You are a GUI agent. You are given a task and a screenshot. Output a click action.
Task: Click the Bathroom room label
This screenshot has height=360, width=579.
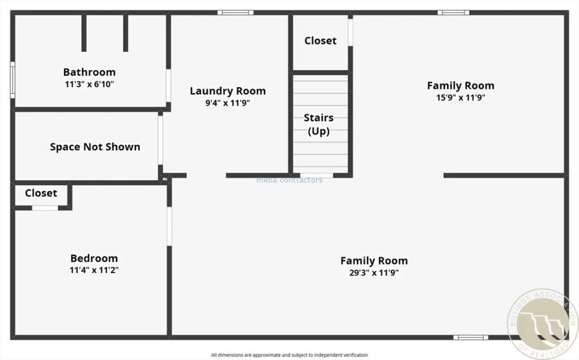coord(89,72)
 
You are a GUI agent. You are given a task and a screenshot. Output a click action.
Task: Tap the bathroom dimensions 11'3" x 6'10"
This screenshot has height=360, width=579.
coord(89,84)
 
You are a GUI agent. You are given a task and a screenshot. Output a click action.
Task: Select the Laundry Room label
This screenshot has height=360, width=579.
coord(228,91)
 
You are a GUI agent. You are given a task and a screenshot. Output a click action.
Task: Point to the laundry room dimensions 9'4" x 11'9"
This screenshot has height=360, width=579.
coord(228,103)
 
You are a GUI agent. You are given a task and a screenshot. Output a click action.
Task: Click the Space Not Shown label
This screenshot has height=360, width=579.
coord(95,147)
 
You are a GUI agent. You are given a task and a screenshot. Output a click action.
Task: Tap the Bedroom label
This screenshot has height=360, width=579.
coord(94,258)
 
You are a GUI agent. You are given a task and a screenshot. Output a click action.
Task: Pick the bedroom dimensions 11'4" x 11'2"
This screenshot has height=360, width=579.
coord(94,270)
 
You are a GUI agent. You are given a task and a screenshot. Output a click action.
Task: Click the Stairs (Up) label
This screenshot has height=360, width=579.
coord(319,124)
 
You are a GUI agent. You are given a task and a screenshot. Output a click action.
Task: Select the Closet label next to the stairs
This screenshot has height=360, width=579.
coord(321,41)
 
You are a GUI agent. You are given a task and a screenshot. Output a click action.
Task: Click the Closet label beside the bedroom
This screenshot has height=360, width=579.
coord(41,193)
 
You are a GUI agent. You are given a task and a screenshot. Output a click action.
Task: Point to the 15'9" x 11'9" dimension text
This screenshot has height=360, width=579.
coord(460,98)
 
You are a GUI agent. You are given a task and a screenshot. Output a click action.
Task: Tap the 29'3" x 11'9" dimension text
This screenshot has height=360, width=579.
coord(374,273)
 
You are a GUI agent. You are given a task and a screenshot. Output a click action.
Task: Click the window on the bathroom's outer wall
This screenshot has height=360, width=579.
coord(12,80)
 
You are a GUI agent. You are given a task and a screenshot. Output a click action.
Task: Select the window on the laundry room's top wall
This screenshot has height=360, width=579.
coord(236,12)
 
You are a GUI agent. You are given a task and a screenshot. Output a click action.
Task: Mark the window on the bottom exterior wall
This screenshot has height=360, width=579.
coord(471,337)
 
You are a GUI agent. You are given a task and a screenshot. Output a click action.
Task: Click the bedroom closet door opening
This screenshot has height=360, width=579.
coord(45,208)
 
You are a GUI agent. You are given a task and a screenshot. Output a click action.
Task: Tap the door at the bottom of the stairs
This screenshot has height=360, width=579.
coord(317,175)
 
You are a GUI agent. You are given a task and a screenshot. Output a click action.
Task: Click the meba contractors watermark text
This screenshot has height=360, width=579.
coord(289,180)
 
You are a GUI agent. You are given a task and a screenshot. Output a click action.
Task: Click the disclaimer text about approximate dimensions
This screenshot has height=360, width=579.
coord(289,355)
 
